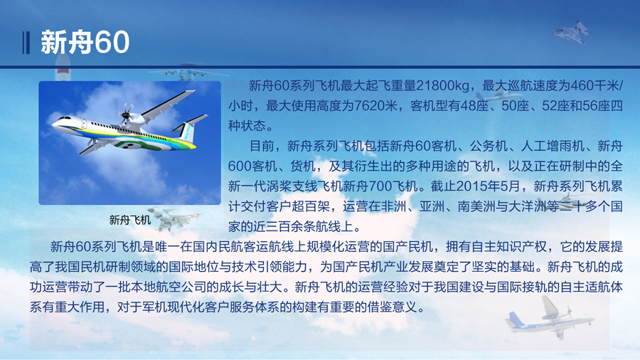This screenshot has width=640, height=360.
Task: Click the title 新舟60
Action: click(x=85, y=42)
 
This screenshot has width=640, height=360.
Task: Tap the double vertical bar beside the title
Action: click(x=26, y=43)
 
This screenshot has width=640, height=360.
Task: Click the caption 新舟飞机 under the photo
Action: click(x=130, y=220)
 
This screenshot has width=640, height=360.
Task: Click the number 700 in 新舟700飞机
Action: click(x=380, y=186)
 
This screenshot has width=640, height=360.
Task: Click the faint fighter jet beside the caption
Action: click(x=173, y=217)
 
